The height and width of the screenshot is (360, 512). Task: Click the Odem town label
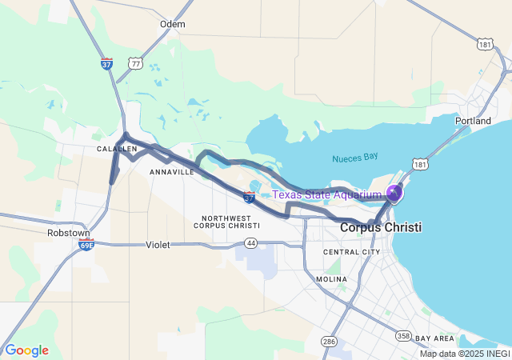172,24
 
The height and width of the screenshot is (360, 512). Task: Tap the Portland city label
473,121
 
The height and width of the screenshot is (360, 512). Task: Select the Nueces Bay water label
354,158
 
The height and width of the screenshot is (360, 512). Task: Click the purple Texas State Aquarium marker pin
394,193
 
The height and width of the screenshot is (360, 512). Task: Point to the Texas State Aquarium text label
326,194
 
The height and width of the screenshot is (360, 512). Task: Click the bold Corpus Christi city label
381,228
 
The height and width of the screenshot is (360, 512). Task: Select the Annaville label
171,171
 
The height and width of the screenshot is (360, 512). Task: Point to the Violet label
158,245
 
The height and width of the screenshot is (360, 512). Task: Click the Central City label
351,252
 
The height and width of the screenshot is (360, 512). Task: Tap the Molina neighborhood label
330,279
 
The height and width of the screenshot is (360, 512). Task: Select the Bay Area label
434,338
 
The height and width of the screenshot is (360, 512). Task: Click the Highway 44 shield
251,242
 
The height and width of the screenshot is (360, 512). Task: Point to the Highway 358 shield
406,336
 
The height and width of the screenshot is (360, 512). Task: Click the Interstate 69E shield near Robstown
86,245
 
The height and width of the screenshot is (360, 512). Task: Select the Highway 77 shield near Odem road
136,63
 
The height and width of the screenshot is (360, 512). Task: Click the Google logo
26,350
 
